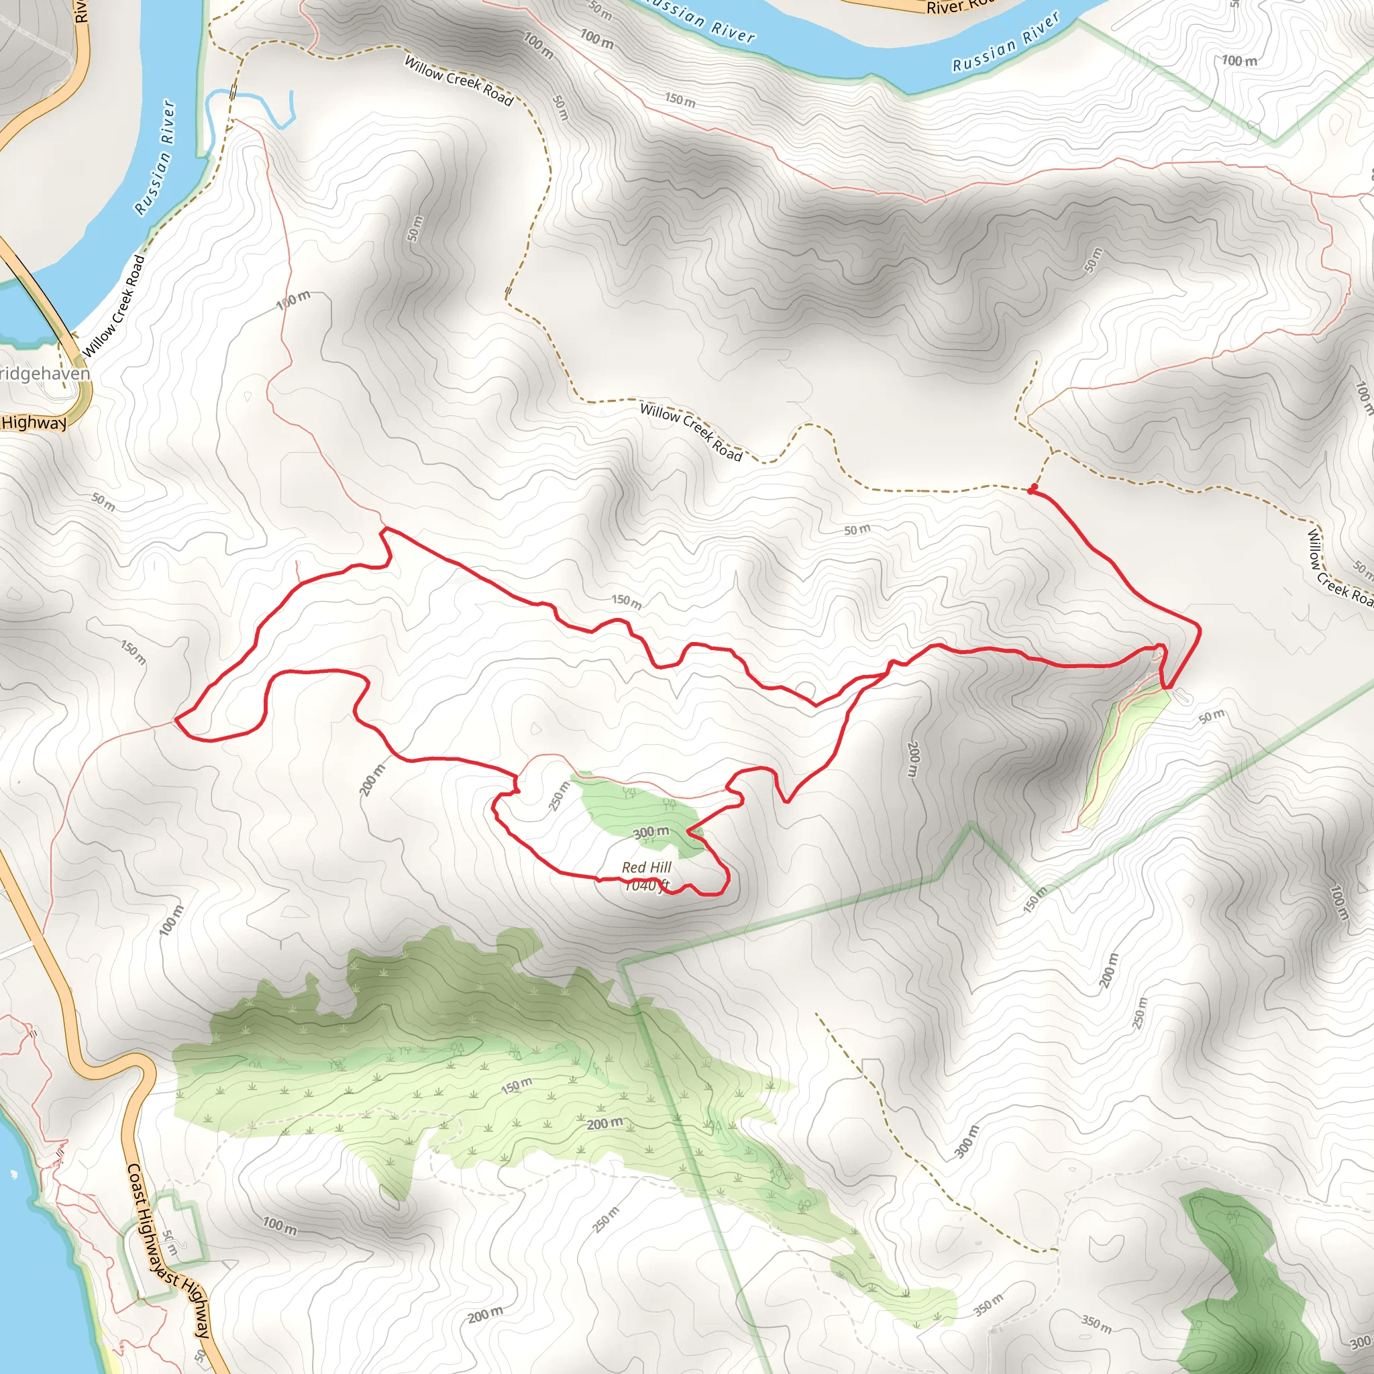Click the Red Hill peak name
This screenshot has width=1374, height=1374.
coord(647,867)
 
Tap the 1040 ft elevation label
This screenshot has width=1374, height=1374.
coord(647,886)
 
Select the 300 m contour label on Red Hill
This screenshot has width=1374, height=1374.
coord(651,831)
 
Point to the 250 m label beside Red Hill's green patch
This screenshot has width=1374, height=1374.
coord(560,796)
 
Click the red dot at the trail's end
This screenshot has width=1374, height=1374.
coord(1032,489)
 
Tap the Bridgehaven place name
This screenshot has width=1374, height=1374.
coord(44,374)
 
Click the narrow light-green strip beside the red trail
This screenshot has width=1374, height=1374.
coord(1124,754)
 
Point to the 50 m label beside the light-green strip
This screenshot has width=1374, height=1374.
coord(1211,715)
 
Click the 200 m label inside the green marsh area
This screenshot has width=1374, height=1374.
coord(604,1124)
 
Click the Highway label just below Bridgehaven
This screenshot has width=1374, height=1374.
coord(34,423)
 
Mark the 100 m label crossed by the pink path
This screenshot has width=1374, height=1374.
coord(293,298)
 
